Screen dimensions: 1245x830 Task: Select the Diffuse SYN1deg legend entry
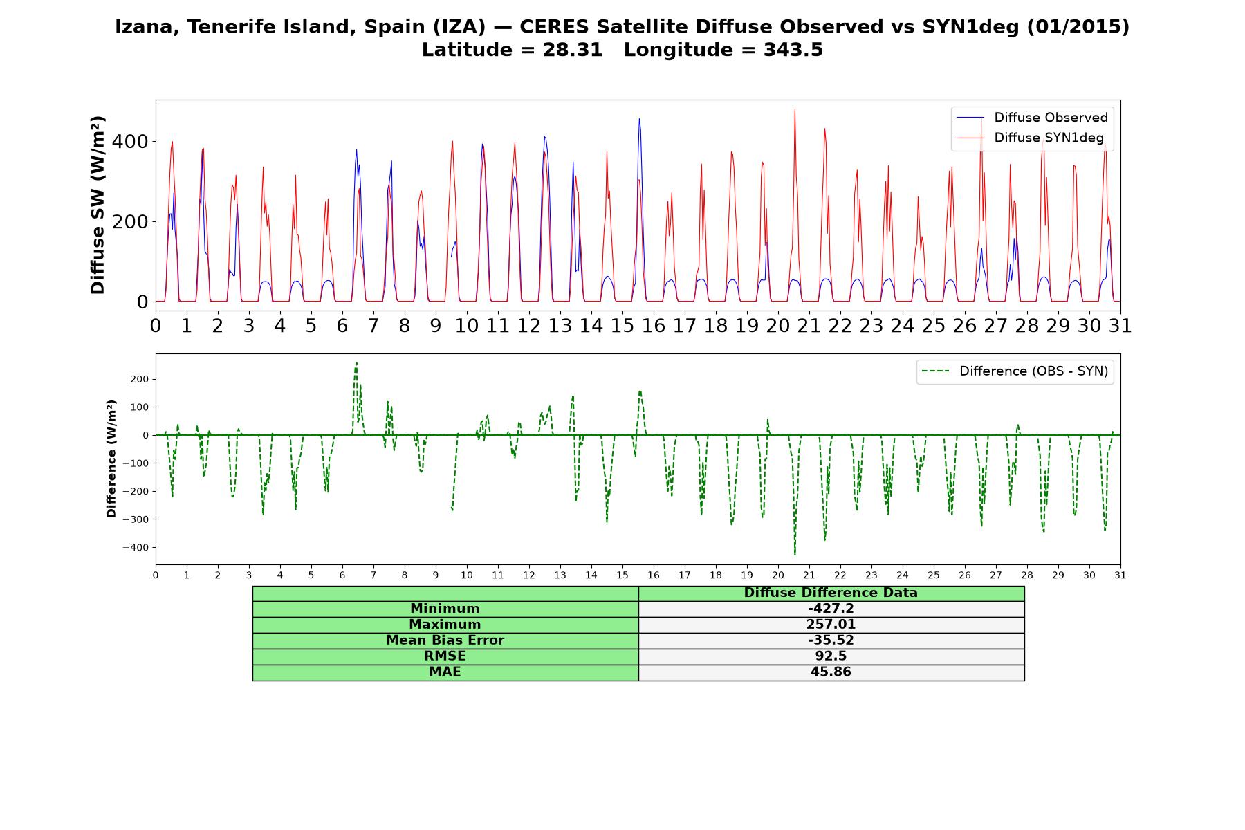pyautogui.click(x=1030, y=138)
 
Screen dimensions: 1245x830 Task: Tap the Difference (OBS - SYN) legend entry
pyautogui.click(x=1015, y=371)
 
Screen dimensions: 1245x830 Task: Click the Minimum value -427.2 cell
pyautogui.click(x=831, y=609)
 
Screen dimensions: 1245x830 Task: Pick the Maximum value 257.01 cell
pyautogui.click(x=831, y=625)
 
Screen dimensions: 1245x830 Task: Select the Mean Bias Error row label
pyautogui.click(x=445, y=640)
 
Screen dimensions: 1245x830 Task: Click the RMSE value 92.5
pyautogui.click(x=831, y=656)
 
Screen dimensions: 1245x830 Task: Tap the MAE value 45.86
pyautogui.click(x=831, y=672)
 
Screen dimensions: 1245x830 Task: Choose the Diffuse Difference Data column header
pyautogui.click(x=831, y=593)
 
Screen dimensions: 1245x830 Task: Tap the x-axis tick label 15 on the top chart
pyautogui.click(x=622, y=325)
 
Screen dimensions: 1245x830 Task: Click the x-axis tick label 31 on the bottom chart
pyautogui.click(x=1120, y=575)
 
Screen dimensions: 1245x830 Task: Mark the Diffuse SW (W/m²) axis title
pyautogui.click(x=98, y=205)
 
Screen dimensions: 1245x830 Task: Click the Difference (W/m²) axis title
pyautogui.click(x=111, y=459)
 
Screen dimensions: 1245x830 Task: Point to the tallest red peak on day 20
pyautogui.click(x=795, y=109)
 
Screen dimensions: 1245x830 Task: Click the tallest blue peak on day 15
pyautogui.click(x=639, y=119)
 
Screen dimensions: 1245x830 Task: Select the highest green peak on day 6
pyautogui.click(x=356, y=363)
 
